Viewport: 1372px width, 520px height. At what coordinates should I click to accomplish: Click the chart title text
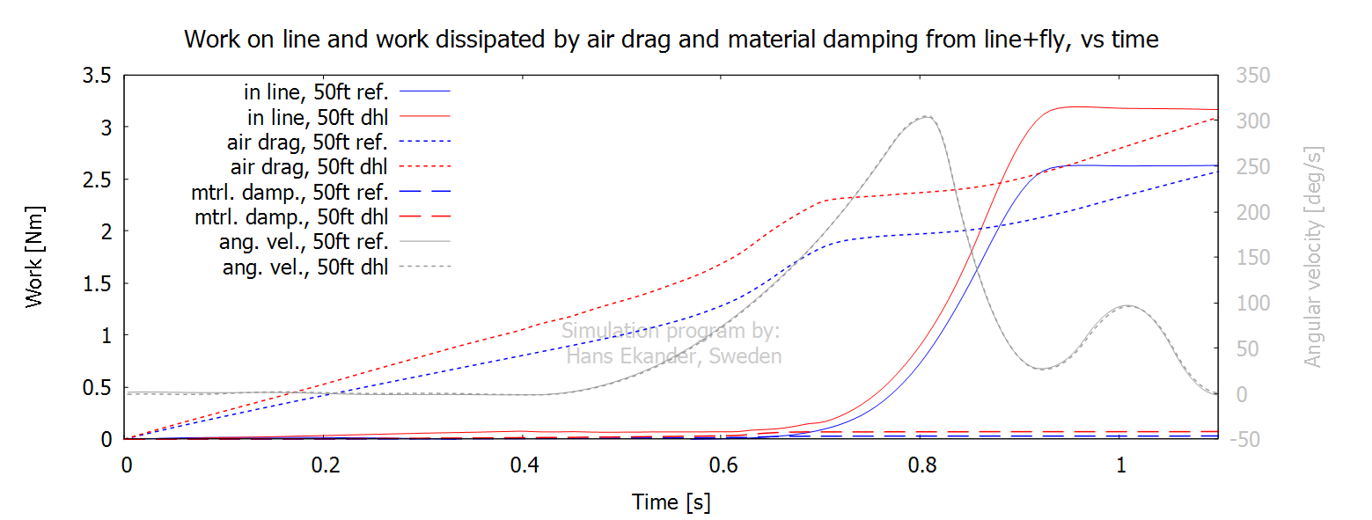pyautogui.click(x=671, y=39)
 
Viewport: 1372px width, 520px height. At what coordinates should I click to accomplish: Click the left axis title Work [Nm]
pyautogui.click(x=34, y=257)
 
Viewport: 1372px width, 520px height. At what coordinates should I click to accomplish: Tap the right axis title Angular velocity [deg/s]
pyautogui.click(x=1313, y=257)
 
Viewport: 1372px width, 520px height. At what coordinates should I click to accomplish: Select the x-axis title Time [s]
pyautogui.click(x=671, y=502)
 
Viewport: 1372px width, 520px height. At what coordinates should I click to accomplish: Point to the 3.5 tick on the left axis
pyautogui.click(x=96, y=76)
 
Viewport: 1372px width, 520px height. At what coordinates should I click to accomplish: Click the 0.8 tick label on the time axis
pyautogui.click(x=921, y=464)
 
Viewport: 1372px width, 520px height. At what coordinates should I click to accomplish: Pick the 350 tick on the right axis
pyautogui.click(x=1253, y=76)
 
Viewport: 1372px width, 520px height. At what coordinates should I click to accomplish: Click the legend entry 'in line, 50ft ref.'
pyautogui.click(x=318, y=91)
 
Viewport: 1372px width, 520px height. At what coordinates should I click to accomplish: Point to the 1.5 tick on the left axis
pyautogui.click(x=96, y=283)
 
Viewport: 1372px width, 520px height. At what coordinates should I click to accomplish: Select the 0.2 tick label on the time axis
pyautogui.click(x=326, y=464)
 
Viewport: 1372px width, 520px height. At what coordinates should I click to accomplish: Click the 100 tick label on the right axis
pyautogui.click(x=1253, y=304)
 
